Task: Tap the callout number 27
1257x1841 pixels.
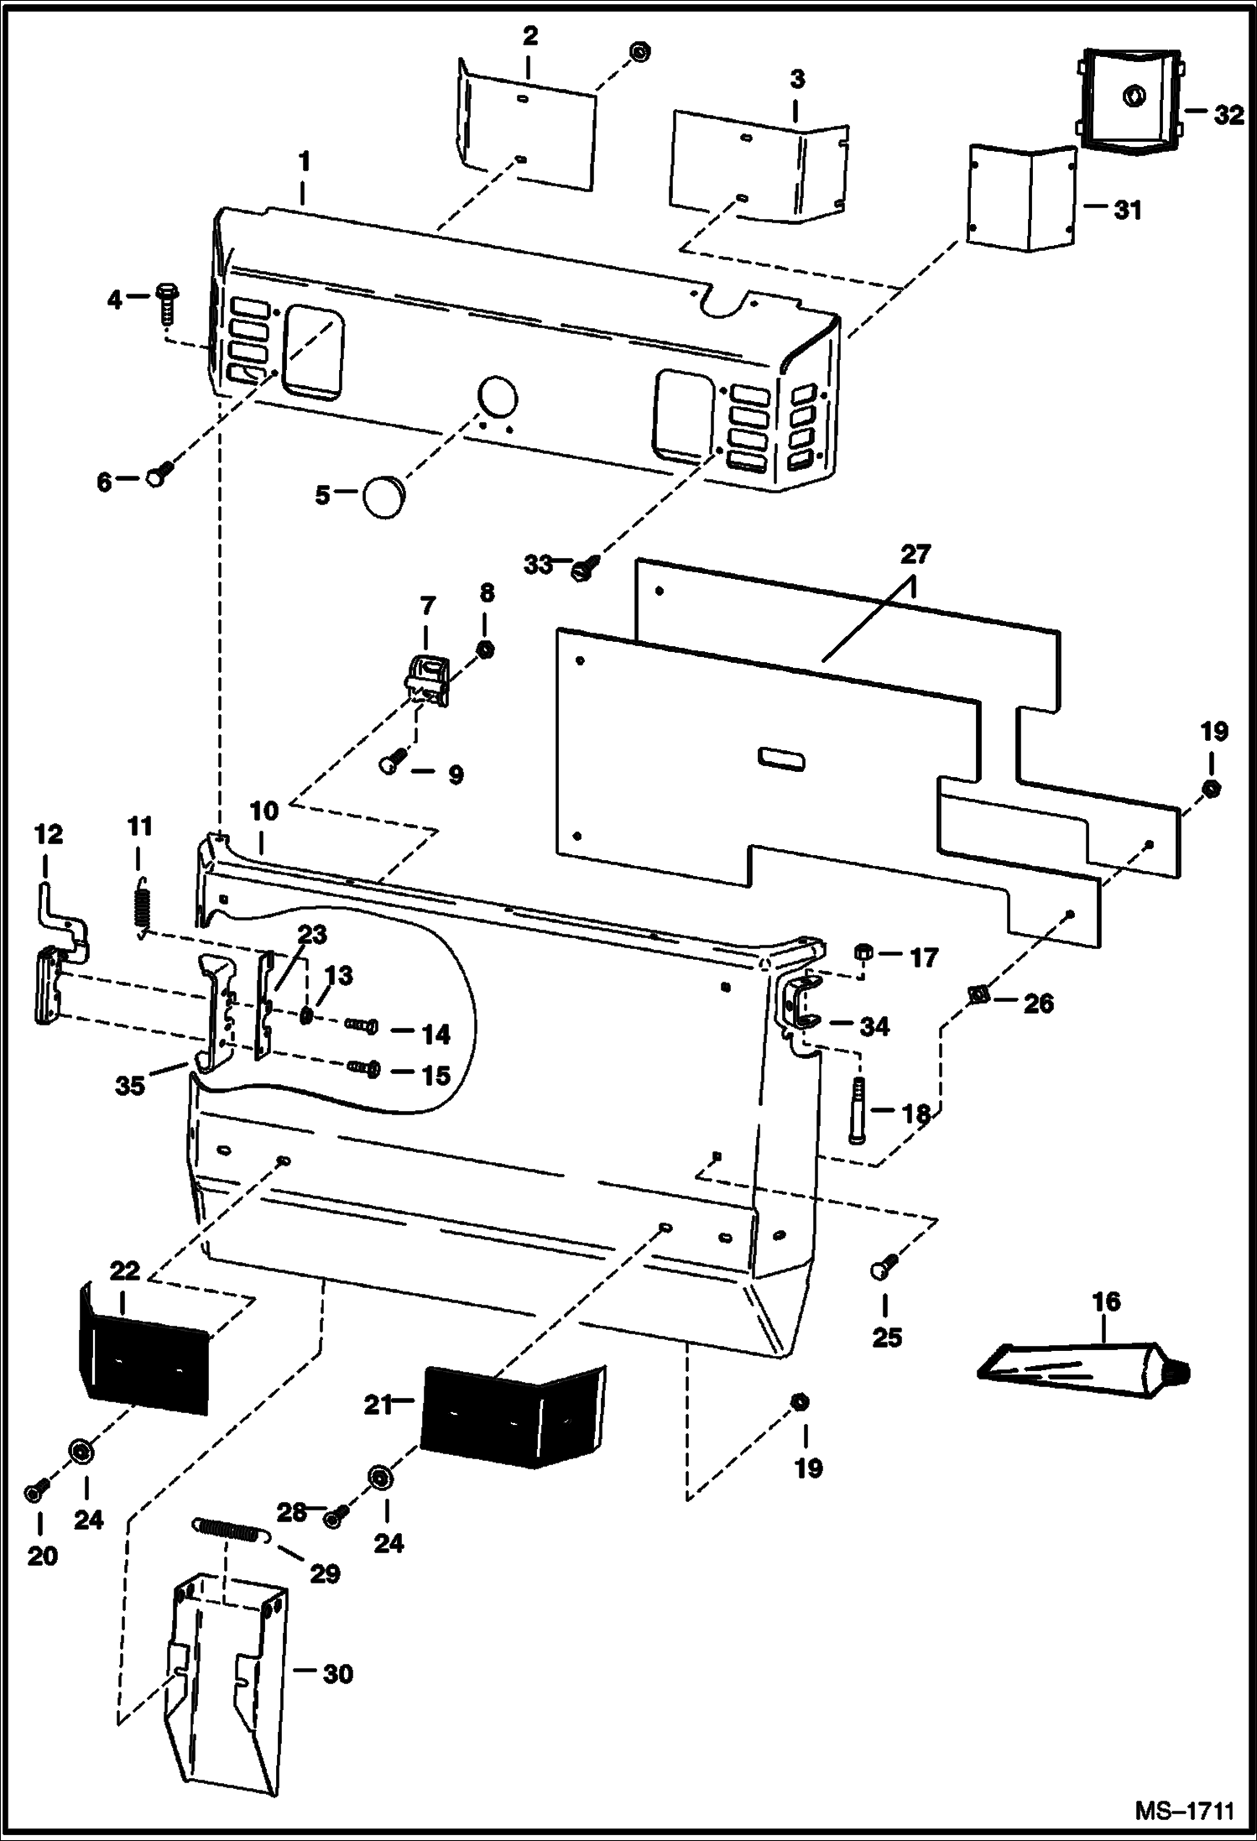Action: coord(916,555)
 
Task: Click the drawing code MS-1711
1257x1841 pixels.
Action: coord(1184,1812)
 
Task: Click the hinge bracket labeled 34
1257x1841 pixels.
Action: coord(800,1004)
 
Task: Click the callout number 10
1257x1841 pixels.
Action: coord(264,811)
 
